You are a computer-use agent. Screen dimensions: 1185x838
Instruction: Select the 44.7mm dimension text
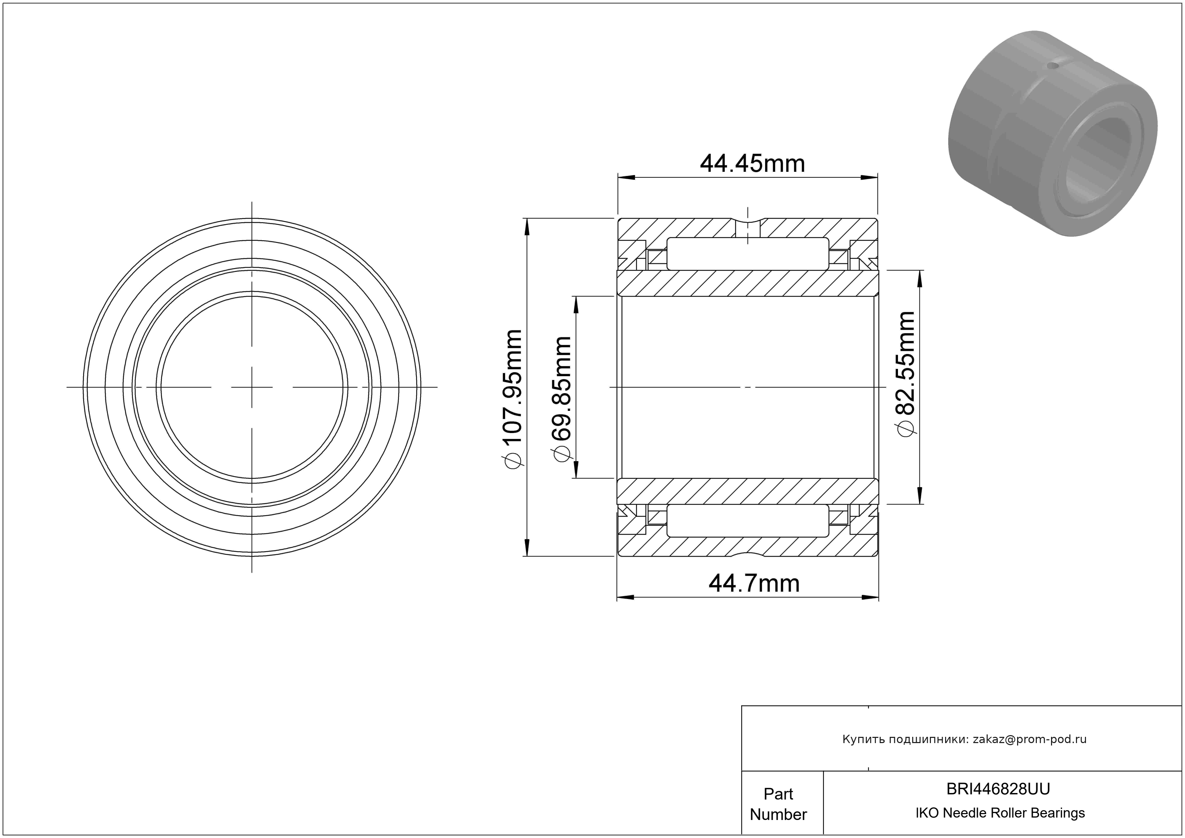click(754, 583)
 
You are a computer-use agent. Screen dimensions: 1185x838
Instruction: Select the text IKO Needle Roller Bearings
click(1000, 813)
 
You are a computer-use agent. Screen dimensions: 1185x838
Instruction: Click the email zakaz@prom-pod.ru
click(1030, 739)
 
